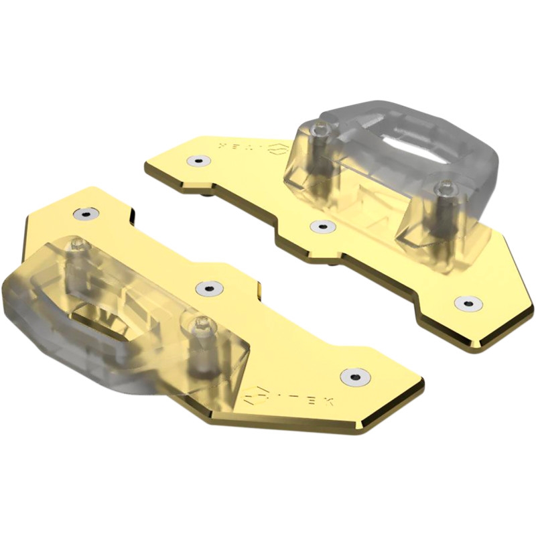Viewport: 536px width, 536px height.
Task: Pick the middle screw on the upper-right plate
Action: pos(323,226)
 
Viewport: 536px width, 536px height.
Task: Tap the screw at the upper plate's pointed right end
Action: pos(467,303)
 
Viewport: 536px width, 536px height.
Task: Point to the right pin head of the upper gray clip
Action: pos(442,188)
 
